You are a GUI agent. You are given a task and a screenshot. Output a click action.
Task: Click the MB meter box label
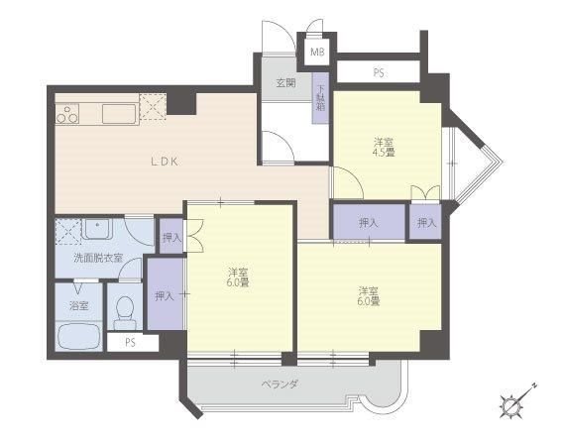tap(317, 52)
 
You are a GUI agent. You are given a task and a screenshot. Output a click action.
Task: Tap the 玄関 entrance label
tap(285, 83)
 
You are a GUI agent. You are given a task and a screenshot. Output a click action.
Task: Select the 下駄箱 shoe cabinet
tap(320, 98)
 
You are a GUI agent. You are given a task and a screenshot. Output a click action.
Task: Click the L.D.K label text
tap(165, 162)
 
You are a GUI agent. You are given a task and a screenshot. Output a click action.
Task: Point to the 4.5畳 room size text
tap(384, 153)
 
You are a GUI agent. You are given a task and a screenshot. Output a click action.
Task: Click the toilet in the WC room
tap(125, 312)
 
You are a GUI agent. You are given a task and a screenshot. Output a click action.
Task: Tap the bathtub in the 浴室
tap(79, 337)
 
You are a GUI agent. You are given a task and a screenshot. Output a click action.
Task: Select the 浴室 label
tap(79, 306)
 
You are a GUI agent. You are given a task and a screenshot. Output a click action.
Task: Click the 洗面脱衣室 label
tap(98, 258)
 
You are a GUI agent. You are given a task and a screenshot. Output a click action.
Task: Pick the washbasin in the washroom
tap(97, 229)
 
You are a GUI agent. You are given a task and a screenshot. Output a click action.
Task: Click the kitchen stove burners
tap(67, 114)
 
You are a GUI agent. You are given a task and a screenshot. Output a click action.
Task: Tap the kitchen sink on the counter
tap(119, 114)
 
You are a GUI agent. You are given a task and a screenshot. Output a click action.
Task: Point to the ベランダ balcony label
tap(280, 385)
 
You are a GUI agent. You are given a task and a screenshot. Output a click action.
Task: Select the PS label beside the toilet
tap(130, 342)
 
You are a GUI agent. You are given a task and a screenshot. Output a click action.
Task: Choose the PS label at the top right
tap(378, 73)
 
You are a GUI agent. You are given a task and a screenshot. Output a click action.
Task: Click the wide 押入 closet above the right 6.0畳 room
tap(370, 222)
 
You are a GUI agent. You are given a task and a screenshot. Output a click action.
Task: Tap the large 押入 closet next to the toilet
tap(165, 293)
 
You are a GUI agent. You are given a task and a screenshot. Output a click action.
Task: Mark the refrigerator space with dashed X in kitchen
tap(153, 107)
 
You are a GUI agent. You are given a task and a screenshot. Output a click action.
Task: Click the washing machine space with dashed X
tap(68, 232)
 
